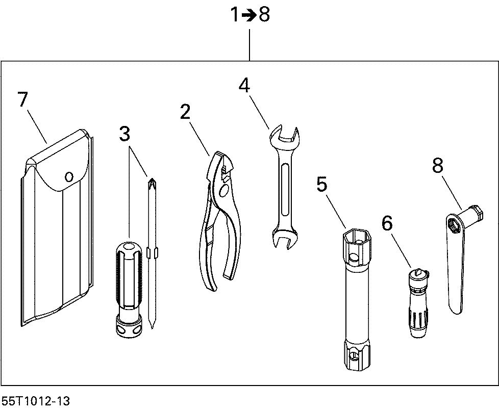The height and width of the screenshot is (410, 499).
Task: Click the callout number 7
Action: pyautogui.click(x=22, y=99)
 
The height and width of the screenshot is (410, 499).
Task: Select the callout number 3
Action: pyautogui.click(x=125, y=134)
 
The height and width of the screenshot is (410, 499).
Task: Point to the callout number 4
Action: pyautogui.click(x=245, y=85)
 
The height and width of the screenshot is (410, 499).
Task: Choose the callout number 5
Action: pyautogui.click(x=321, y=184)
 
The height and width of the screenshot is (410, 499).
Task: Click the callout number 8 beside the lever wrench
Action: pyautogui.click(x=437, y=165)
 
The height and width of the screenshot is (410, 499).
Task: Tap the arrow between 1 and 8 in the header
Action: pyautogui.click(x=248, y=15)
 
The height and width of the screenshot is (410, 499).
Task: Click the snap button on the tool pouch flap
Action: pyautogui.click(x=69, y=176)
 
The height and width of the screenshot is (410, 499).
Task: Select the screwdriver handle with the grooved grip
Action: pyautogui.click(x=128, y=275)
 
